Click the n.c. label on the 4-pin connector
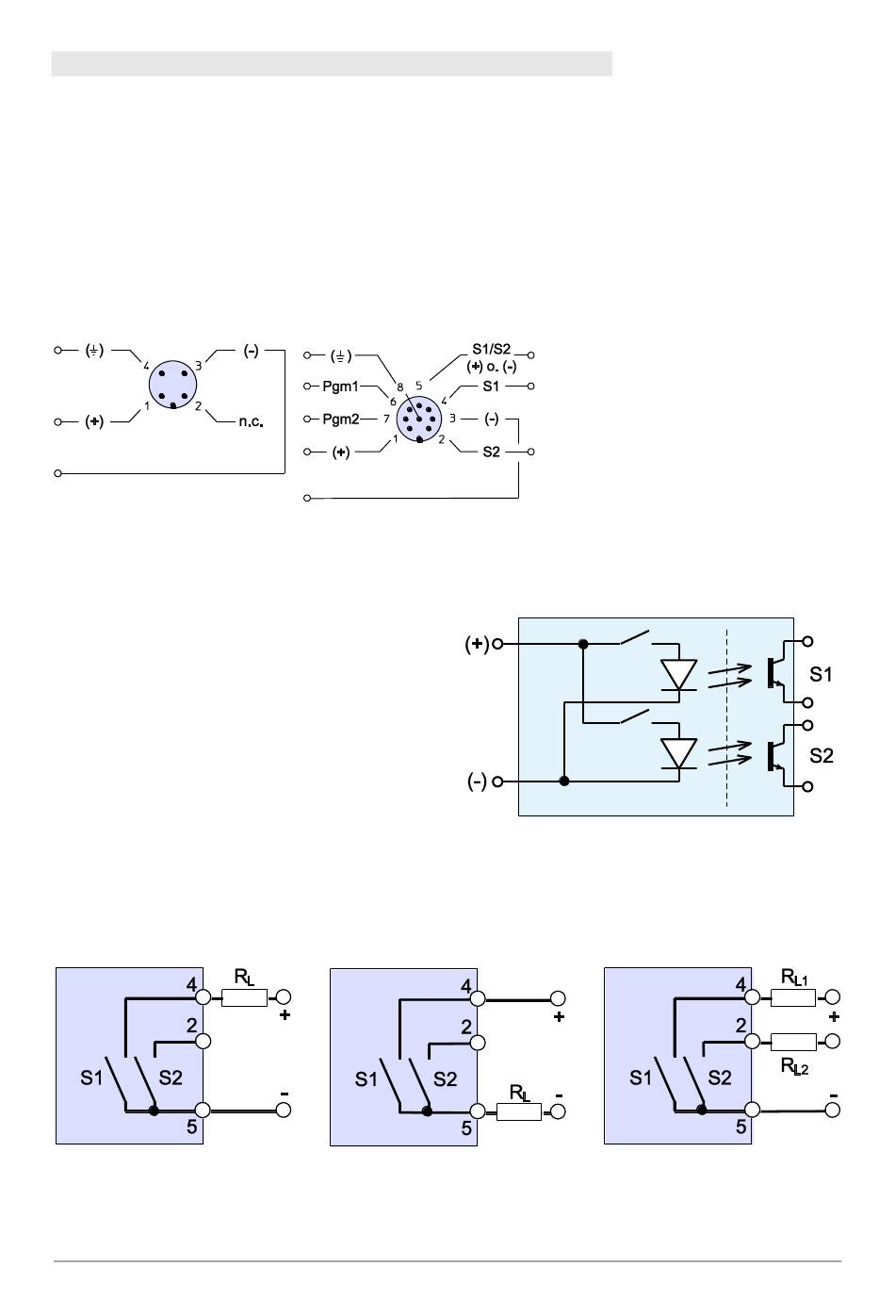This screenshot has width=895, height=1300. coord(251,421)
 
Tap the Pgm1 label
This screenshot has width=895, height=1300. coord(340,387)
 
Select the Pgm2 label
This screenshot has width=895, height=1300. coord(340,419)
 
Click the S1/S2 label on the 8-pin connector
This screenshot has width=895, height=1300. coord(491,350)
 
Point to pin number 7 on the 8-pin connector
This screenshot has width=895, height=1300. coord(386,419)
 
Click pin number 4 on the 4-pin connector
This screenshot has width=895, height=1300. coord(146,366)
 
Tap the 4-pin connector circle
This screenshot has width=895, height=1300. coord(172,385)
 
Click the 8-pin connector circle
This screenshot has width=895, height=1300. coord(419,419)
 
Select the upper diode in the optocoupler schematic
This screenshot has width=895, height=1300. coord(678,675)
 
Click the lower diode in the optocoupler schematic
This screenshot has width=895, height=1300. coord(678,753)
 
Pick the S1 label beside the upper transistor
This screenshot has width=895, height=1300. coord(821,674)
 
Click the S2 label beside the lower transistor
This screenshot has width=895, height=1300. coord(822,756)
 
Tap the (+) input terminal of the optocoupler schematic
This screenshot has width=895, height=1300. coord(497,644)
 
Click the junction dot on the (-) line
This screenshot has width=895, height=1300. coord(563,782)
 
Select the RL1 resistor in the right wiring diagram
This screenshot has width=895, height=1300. coord(793,997)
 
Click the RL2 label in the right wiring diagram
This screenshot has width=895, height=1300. coord(794,1066)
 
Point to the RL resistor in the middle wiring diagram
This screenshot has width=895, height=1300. coord(519,1111)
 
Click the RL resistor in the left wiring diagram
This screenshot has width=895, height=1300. coord(244,997)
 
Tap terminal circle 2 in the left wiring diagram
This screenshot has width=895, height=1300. coord(203,1041)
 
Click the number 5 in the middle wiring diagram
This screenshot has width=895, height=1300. coord(466,1128)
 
